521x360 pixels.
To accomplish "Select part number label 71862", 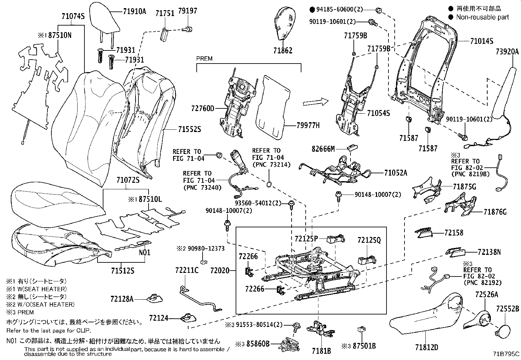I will tap(283, 51).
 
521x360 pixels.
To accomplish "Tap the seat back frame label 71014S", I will tap(481, 41).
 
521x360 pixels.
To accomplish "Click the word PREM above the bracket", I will tap(204, 59).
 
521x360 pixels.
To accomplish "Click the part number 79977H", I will tap(308, 125).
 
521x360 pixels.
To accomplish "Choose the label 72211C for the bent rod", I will tap(187, 270).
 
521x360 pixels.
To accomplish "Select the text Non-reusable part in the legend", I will tap(482, 17).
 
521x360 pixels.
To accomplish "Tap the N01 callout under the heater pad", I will tap(145, 253).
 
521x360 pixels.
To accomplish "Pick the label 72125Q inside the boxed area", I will tap(369, 240).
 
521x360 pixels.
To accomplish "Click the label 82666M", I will tap(323, 149).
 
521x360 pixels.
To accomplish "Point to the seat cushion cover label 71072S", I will tap(128, 180).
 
